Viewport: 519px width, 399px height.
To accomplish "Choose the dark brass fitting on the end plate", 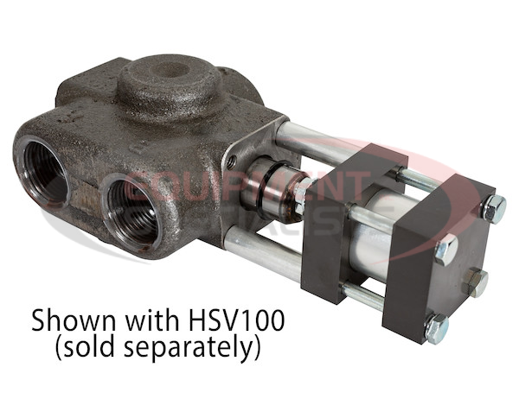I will tap(475, 281).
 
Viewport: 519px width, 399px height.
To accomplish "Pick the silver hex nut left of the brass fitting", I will tap(445, 250).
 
